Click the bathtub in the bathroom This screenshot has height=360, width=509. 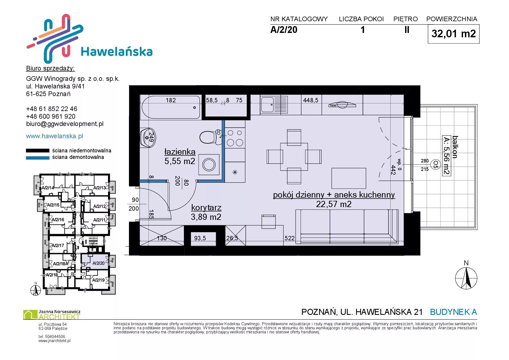(171, 107)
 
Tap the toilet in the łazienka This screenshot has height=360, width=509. (211, 137)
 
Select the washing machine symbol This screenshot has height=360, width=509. (209, 165)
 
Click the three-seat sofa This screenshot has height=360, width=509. (347, 226)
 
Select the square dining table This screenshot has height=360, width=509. (294, 157)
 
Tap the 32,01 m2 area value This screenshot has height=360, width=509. (454, 34)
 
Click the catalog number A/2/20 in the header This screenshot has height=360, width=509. (284, 30)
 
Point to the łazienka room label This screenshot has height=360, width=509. (180, 152)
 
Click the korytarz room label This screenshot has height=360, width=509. (206, 207)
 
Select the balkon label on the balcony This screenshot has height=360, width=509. (455, 147)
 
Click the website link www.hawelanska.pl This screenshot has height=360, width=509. (54, 136)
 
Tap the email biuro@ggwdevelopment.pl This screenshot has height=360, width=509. (65, 124)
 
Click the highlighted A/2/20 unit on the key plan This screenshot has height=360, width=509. (95, 261)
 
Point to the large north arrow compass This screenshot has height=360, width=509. (466, 278)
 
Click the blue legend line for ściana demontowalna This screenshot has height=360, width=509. (38, 158)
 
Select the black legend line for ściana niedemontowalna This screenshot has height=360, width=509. (38, 150)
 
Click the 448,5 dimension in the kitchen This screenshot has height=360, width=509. (311, 100)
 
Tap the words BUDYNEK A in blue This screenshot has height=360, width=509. (453, 312)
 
